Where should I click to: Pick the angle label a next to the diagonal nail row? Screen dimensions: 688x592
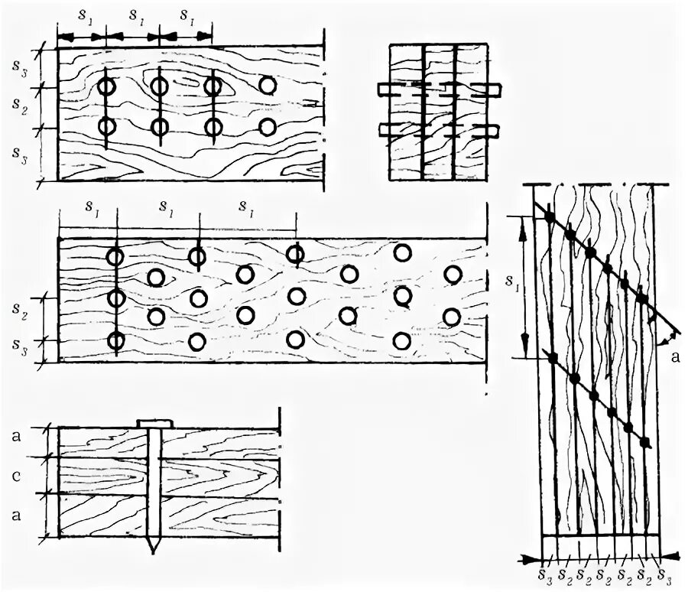(x=672, y=356)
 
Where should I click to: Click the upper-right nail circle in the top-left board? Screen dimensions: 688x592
(x=268, y=85)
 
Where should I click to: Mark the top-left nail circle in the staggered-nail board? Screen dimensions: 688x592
(x=115, y=256)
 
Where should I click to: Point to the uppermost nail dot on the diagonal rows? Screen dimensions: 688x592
(x=549, y=218)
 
